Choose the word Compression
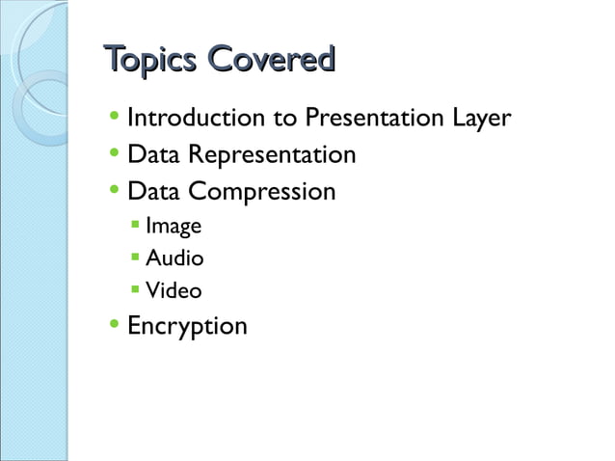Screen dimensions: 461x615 (x=261, y=192)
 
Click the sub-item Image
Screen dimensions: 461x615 (x=173, y=228)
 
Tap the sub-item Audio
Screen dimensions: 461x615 (x=174, y=258)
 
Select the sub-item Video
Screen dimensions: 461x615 (x=173, y=290)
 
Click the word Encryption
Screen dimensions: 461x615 (x=187, y=326)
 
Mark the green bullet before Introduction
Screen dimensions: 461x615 (x=116, y=118)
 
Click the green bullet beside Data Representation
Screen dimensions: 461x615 (x=116, y=154)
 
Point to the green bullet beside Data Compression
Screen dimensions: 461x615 (x=116, y=190)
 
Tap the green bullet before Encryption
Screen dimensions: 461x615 (x=116, y=324)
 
